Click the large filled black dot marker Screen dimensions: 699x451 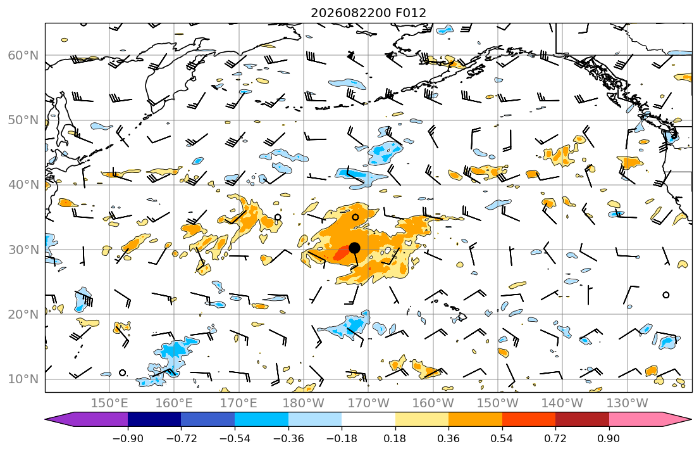click(354, 248)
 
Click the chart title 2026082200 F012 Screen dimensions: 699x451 click(368, 13)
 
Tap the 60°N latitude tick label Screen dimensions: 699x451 click(23, 55)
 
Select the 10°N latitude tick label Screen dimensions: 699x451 click(23, 379)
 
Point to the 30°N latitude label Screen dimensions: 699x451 click(23, 250)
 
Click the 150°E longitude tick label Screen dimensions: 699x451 click(109, 403)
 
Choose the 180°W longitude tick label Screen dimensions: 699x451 click(304, 403)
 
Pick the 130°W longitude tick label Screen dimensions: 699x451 click(628, 403)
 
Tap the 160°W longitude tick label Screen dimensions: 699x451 click(433, 403)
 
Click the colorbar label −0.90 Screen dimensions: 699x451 click(128, 438)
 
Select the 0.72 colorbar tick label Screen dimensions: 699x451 click(555, 438)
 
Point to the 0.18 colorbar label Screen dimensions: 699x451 click(395, 438)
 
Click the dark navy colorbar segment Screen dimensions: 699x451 click(154, 419)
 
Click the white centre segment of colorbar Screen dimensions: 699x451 click(368, 419)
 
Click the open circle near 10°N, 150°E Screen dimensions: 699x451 click(123, 373)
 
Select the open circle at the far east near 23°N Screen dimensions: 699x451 click(666, 295)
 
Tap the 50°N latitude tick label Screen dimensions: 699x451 click(23, 120)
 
